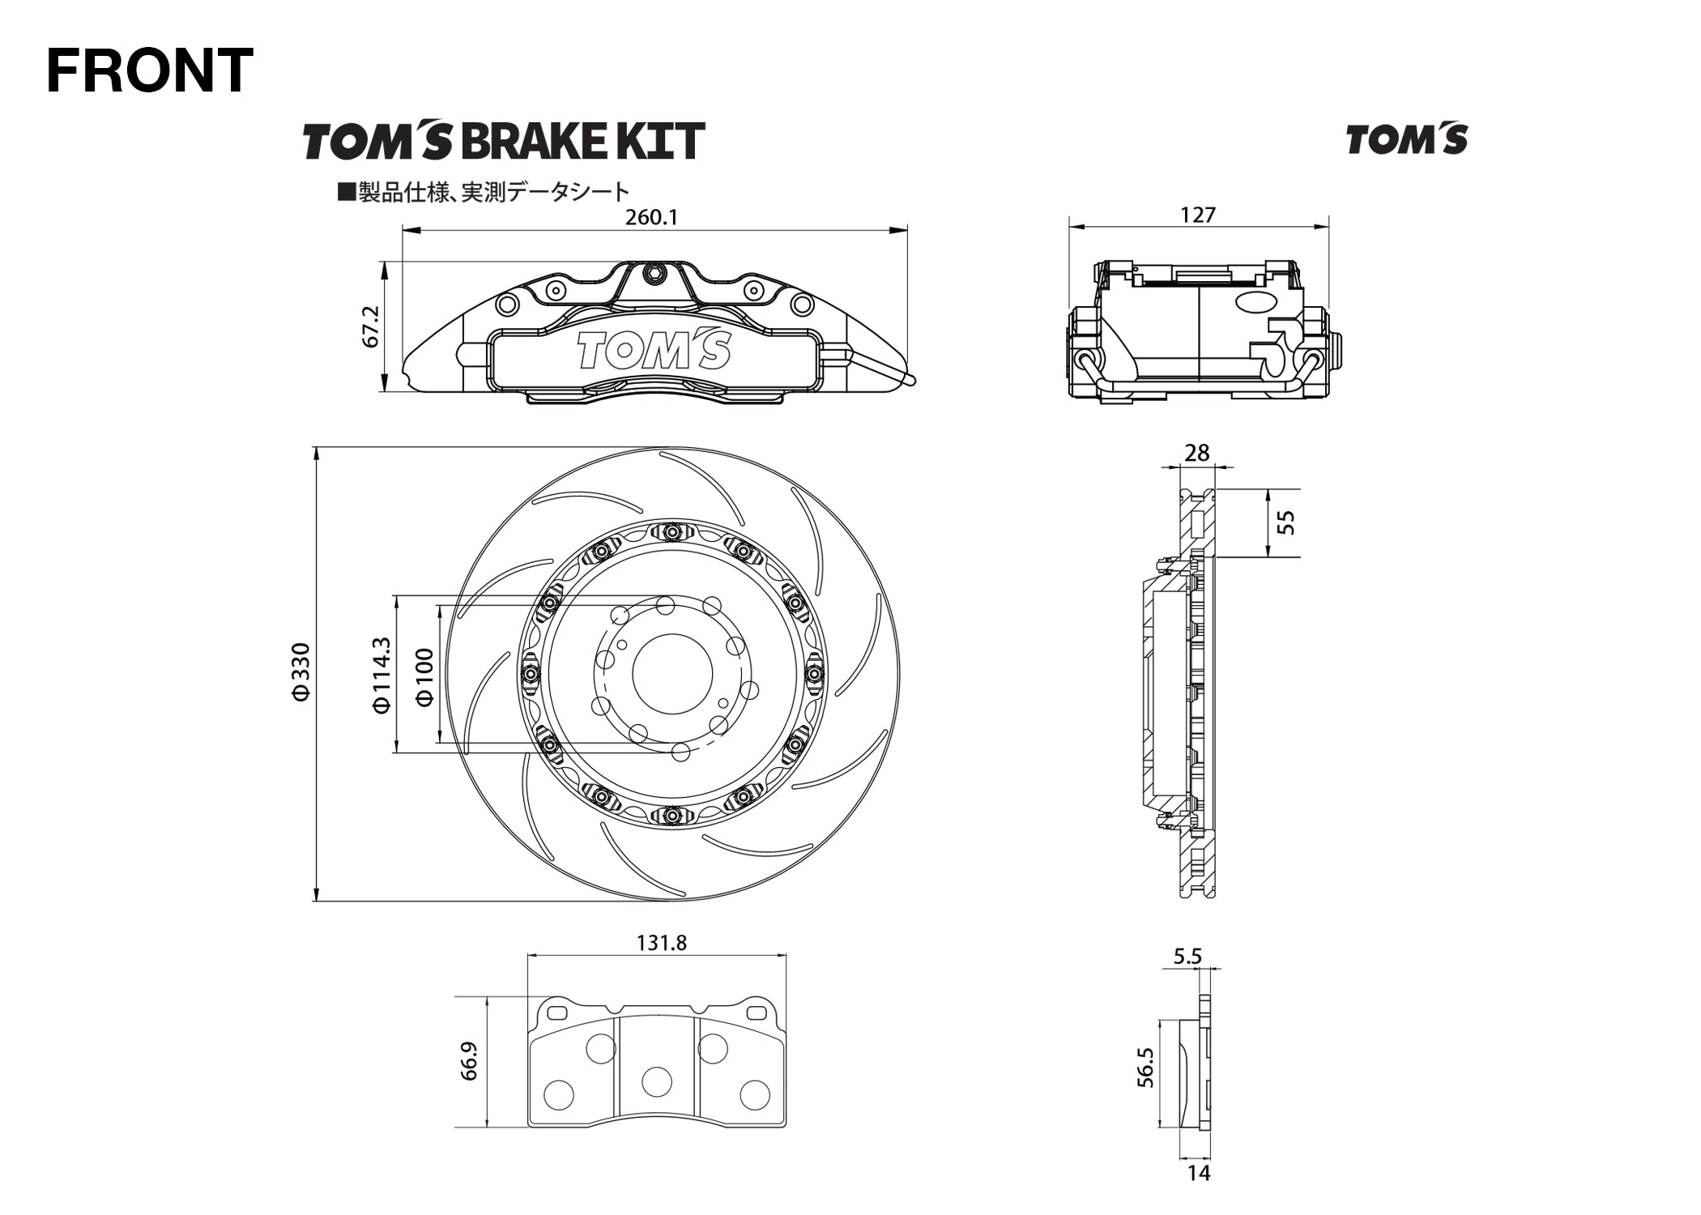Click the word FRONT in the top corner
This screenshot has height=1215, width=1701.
(150, 70)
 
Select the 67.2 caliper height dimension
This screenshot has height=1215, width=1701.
(371, 326)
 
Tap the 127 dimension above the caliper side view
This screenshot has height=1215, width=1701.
(1198, 215)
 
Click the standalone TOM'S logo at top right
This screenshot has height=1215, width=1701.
(1406, 140)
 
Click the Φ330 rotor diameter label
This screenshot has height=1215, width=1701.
(301, 671)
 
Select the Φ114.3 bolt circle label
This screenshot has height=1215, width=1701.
(382, 675)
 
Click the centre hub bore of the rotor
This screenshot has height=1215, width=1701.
(671, 674)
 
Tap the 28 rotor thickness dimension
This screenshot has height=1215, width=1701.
(1196, 453)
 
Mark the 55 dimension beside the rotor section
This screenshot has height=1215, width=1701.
(1285, 522)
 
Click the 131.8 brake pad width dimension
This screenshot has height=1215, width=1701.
(661, 943)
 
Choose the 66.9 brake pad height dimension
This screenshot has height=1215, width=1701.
(469, 1061)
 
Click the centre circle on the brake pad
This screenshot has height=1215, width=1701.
(656, 1081)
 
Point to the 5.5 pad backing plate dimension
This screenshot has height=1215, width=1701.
(1187, 957)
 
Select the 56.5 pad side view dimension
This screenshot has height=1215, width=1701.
(1145, 1067)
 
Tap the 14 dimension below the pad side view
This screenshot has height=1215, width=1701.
(1198, 1172)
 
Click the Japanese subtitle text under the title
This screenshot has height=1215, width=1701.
(484, 192)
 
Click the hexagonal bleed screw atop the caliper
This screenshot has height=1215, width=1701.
(653, 274)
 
